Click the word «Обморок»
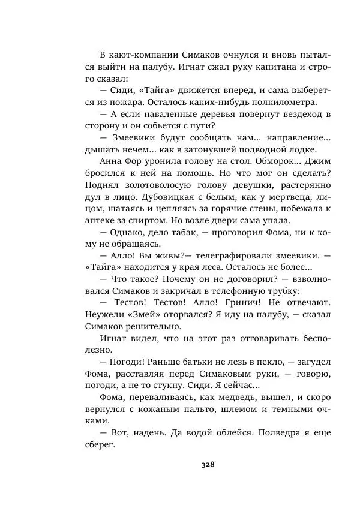click(260, 162)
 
